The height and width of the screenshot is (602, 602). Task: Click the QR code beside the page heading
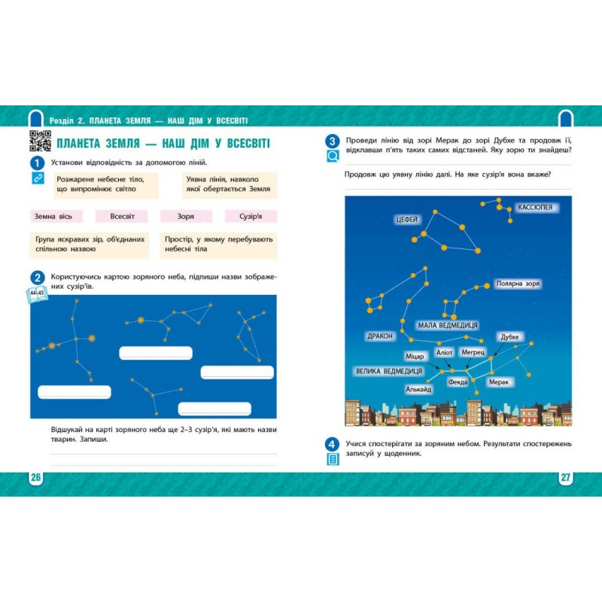tap(41, 141)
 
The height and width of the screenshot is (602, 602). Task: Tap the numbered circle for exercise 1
tap(37, 163)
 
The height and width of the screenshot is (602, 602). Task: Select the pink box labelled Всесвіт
tap(121, 216)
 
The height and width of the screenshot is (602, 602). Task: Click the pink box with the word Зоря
tap(186, 216)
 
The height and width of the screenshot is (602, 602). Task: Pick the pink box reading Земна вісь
tap(56, 216)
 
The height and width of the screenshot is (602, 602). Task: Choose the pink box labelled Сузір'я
tap(251, 216)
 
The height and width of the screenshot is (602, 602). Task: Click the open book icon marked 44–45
tap(37, 294)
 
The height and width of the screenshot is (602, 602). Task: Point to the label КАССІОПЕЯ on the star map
tap(535, 208)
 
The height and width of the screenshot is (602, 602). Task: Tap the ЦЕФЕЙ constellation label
tap(406, 220)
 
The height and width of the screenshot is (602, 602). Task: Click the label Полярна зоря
tap(518, 284)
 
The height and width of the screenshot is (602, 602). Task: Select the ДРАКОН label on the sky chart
tap(380, 336)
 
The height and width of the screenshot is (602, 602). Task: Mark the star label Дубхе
tap(509, 337)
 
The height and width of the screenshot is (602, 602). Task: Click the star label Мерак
tap(499, 382)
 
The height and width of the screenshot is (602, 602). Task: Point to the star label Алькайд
tap(418, 389)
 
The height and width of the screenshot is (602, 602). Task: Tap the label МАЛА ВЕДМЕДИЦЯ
tap(448, 326)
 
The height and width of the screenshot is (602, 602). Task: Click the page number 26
tap(35, 477)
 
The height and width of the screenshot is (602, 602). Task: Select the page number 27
tap(566, 477)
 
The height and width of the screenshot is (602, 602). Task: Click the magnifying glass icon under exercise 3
tap(333, 156)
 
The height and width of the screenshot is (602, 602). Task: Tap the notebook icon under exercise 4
tap(333, 459)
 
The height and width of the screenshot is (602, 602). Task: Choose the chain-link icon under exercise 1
tap(38, 178)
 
